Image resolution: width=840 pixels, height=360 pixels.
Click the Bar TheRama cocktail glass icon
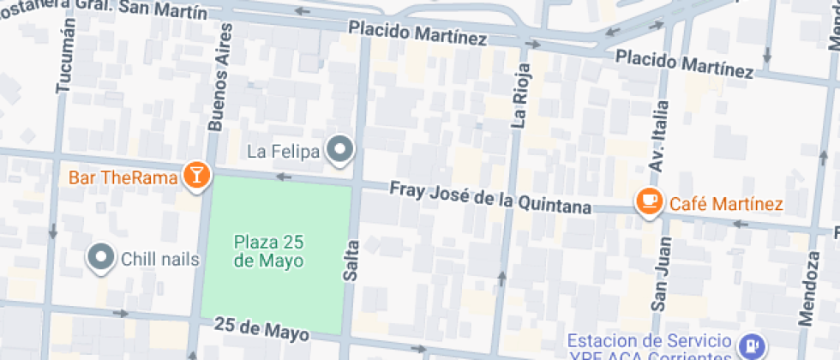click(x=197, y=177)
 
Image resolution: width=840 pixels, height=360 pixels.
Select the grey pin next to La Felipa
click(x=342, y=150)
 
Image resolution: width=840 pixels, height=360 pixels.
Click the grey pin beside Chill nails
click(x=102, y=257)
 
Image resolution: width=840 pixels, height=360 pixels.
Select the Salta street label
click(x=350, y=261)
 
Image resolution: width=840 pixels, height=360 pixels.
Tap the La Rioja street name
click(x=520, y=94)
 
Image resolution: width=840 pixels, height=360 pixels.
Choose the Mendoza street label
click(x=808, y=291)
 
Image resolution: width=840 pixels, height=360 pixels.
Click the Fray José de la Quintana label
click(x=490, y=196)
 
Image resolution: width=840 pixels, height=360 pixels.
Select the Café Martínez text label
click(x=726, y=204)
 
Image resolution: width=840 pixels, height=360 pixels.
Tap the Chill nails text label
click(x=160, y=258)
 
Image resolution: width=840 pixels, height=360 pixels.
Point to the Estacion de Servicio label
click(x=656, y=341)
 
